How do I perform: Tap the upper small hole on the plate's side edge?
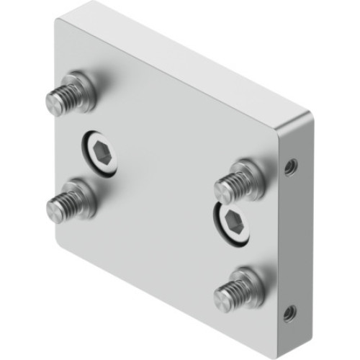point(289,167)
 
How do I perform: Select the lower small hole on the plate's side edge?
point(289,312)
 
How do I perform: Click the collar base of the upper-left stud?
point(82,89)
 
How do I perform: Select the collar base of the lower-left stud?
point(82,194)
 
